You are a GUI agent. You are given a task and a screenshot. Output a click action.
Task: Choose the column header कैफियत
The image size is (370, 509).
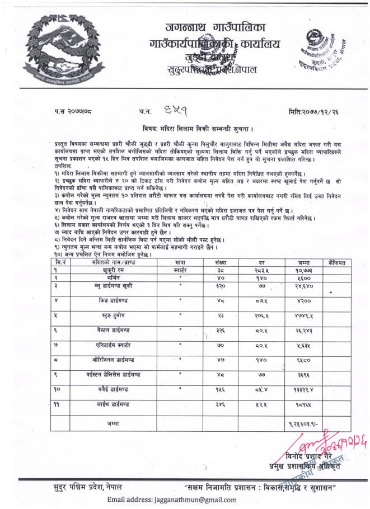[338, 261]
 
